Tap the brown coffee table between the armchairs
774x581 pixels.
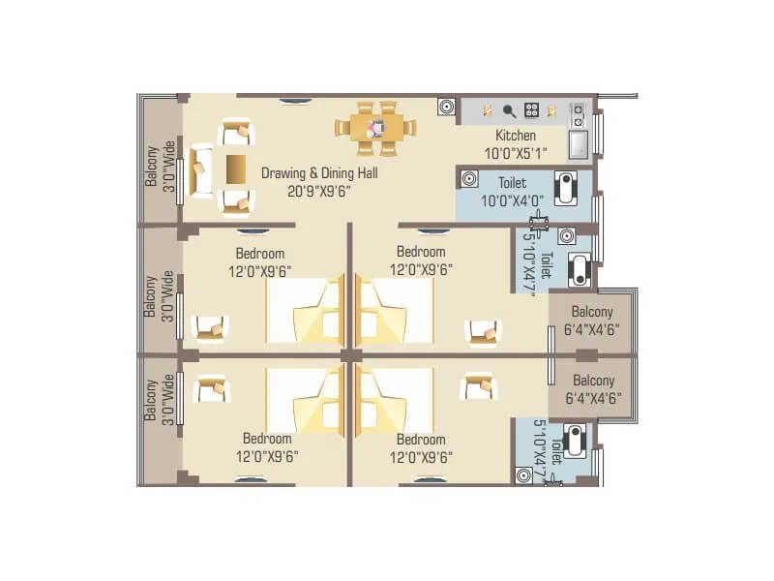coord(237,168)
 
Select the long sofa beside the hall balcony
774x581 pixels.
coord(201,170)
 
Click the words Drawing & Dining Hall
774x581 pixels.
coord(319,173)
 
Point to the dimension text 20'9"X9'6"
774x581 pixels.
coord(319,191)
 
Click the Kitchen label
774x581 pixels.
coord(516,136)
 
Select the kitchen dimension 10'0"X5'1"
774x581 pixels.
coord(516,152)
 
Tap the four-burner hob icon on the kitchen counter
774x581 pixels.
coord(531,110)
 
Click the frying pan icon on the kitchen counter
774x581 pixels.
coord(508,110)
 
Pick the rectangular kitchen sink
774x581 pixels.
coord(579,144)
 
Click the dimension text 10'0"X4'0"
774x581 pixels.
coord(513,200)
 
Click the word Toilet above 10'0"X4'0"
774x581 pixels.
coord(513,182)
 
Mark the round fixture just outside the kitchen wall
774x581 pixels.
coord(446,107)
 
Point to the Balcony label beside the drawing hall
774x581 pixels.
coord(152,166)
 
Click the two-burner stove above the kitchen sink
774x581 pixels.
coord(579,114)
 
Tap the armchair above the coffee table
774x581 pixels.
coord(237,134)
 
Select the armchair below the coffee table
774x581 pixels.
coord(237,200)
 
